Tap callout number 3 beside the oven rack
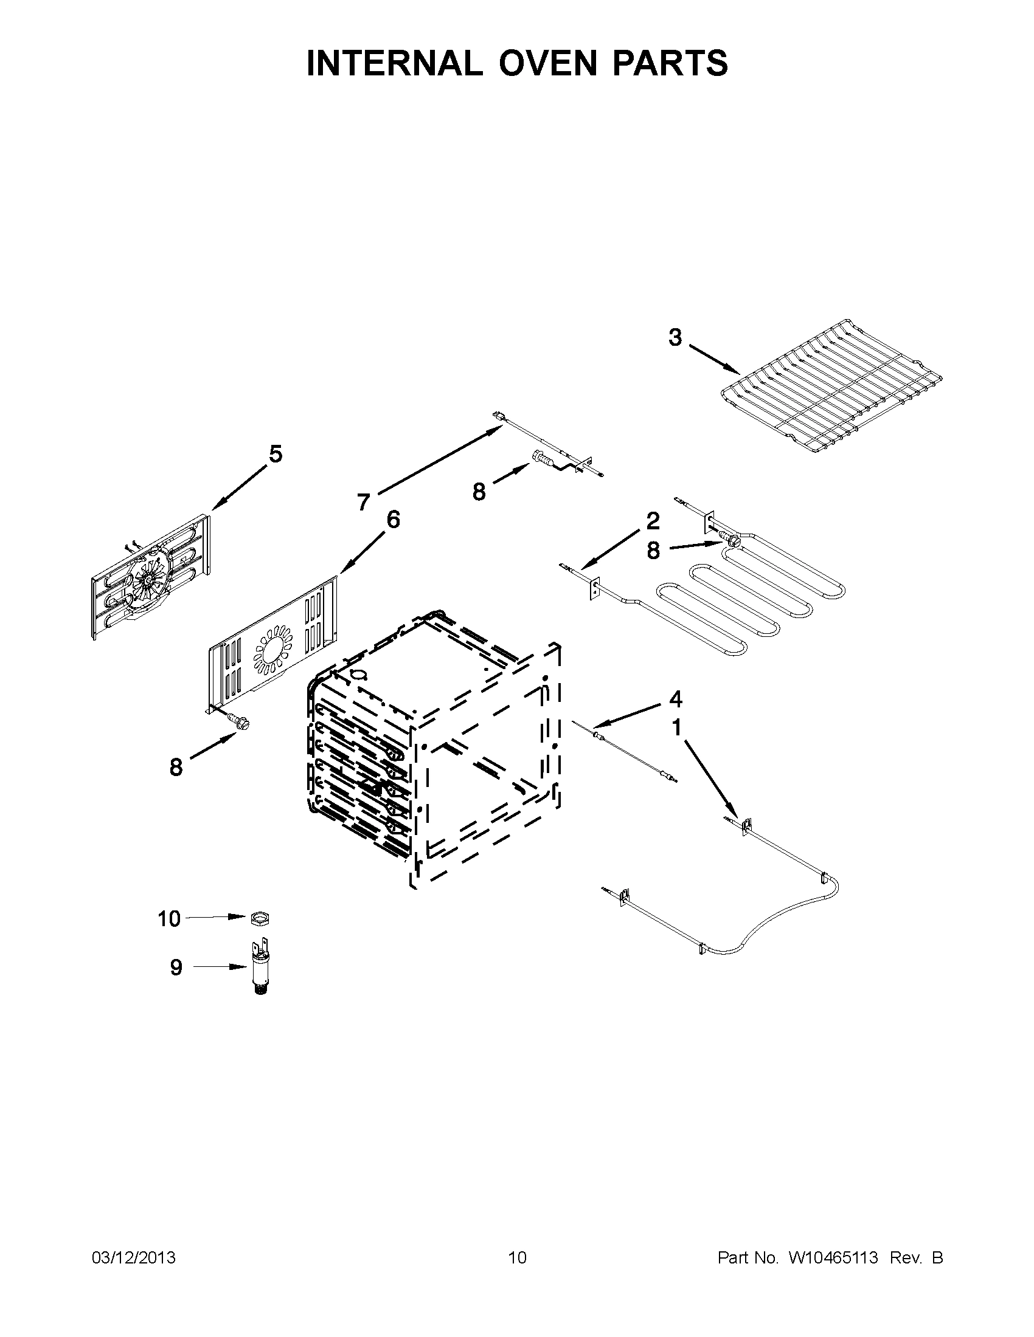tap(675, 337)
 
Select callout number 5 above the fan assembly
tap(276, 454)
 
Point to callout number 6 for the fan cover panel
tap(393, 519)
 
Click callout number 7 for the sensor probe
tap(363, 503)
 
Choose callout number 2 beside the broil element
tap(653, 520)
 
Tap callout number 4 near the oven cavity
tap(675, 698)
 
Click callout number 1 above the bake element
tap(676, 728)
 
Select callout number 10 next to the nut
tap(169, 919)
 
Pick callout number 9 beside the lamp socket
tap(176, 968)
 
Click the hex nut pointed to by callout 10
tap(260, 918)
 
